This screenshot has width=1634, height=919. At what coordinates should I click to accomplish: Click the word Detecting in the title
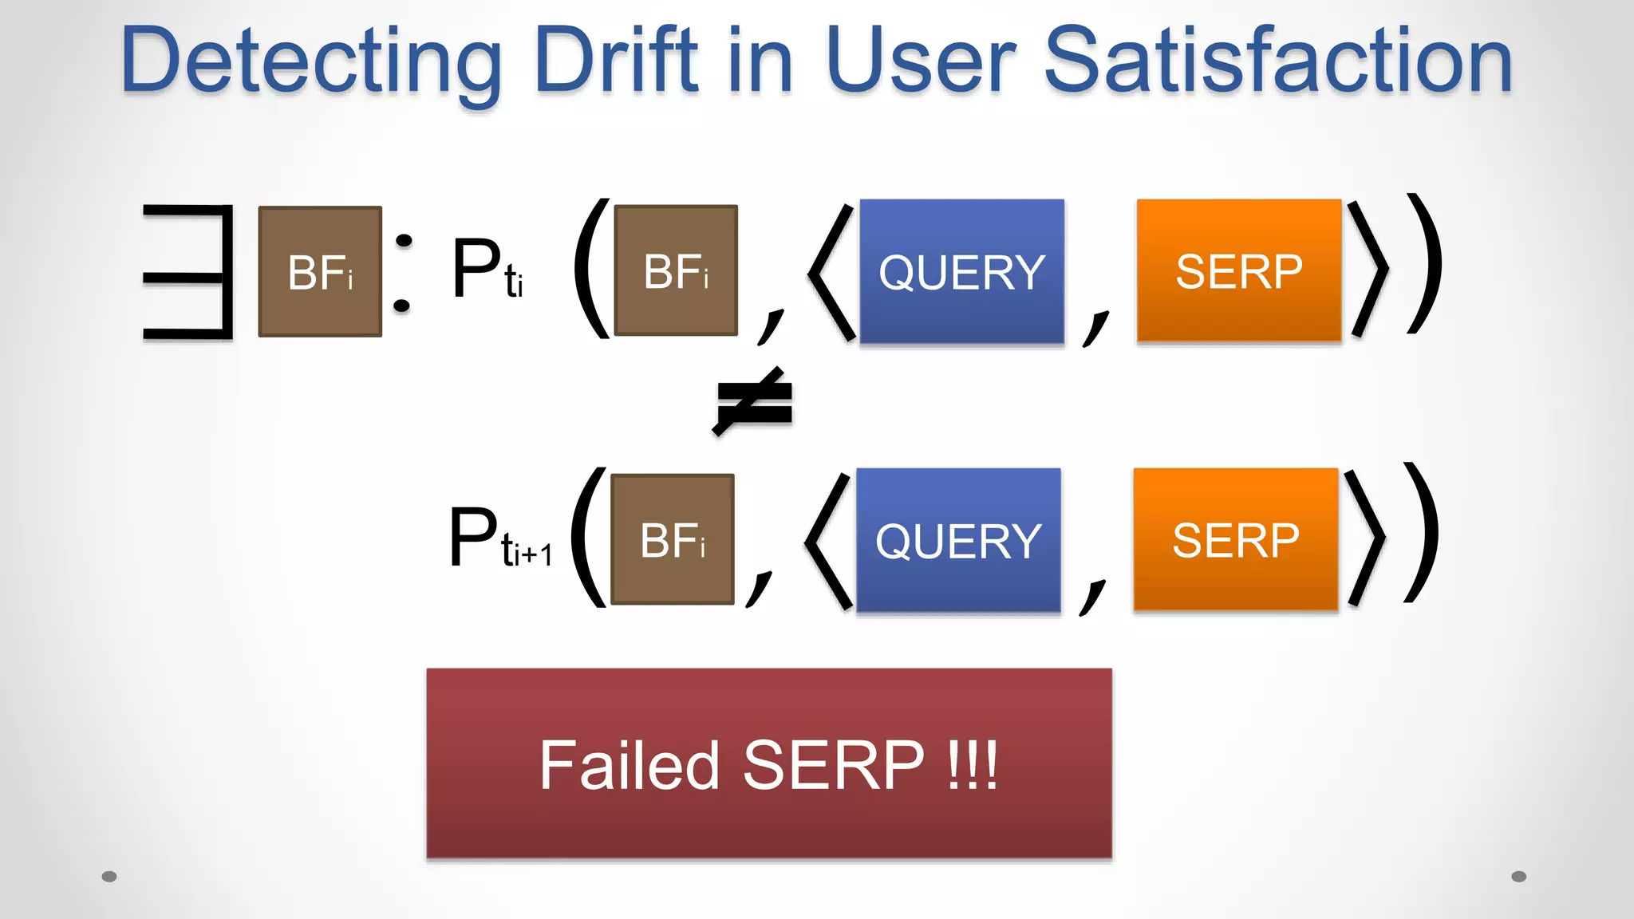click(311, 62)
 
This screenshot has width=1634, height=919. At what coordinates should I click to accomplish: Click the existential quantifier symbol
click(189, 272)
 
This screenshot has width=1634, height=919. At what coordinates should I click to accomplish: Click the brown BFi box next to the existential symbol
click(320, 272)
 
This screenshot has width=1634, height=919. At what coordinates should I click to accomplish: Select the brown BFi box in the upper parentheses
click(676, 270)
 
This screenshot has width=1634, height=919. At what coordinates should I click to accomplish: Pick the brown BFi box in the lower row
click(672, 539)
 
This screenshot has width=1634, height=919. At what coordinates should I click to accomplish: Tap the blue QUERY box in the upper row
click(961, 271)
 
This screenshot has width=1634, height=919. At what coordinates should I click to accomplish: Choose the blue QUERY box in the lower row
click(958, 540)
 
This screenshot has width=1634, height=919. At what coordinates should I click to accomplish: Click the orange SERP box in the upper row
click(1239, 270)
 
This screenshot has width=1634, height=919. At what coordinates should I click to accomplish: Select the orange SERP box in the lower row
click(1235, 539)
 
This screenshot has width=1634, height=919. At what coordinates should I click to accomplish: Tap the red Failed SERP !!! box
click(769, 763)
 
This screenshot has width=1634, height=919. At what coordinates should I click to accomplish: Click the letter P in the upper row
click(477, 269)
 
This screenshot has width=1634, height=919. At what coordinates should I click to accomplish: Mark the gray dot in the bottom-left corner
click(109, 877)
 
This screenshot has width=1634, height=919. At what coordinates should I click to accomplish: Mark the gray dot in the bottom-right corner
click(1518, 877)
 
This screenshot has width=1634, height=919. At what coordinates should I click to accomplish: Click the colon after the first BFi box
click(404, 273)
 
